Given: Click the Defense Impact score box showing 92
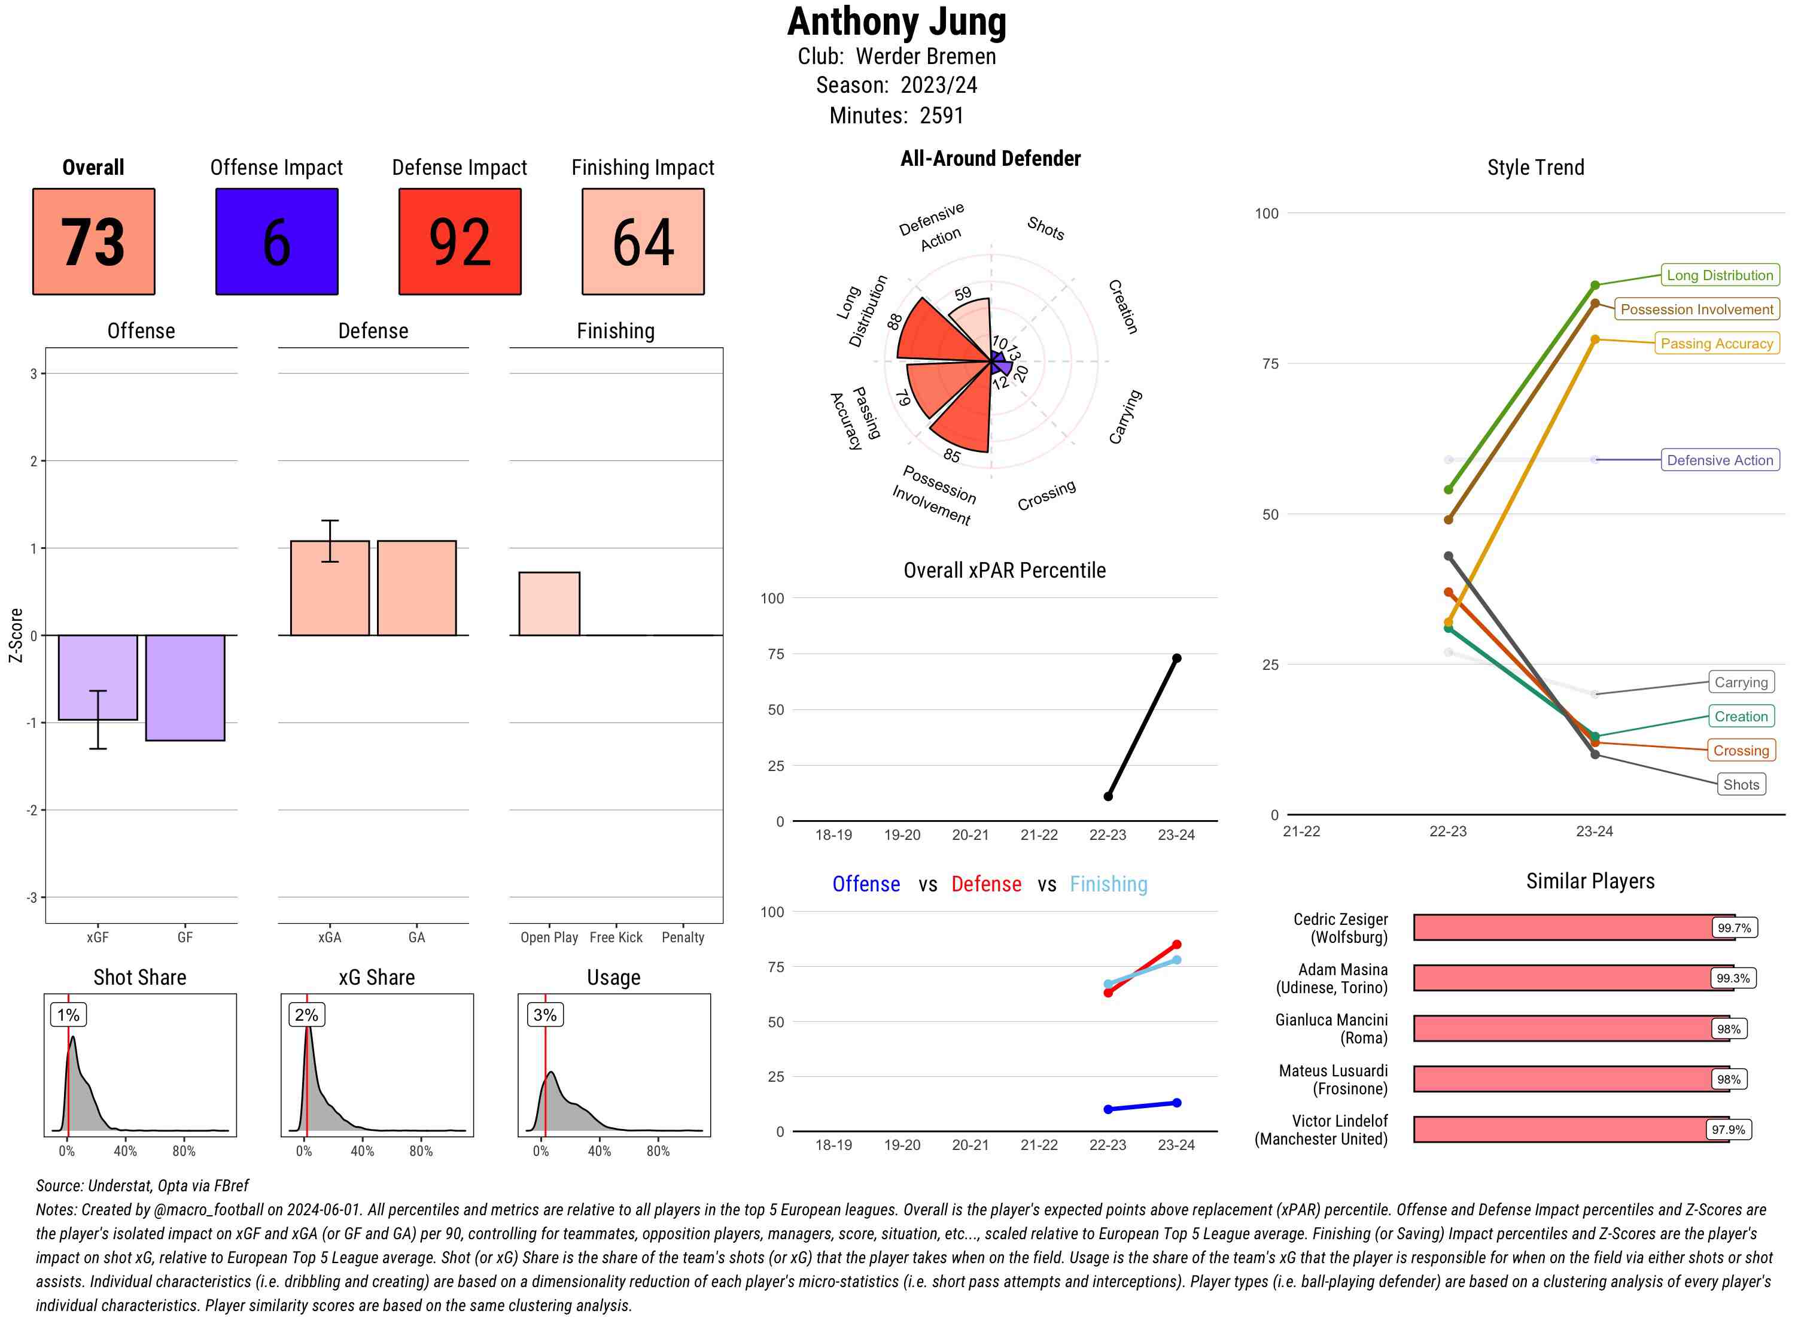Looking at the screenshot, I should point(460,242).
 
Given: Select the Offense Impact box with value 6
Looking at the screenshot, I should point(276,242).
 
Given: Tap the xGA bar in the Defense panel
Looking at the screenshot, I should point(330,588).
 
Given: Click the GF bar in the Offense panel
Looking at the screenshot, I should point(185,687).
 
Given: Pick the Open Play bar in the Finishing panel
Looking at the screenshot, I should point(549,603).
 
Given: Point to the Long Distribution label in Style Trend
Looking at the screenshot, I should point(1720,275).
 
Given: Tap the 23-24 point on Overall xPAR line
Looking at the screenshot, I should point(1176,658).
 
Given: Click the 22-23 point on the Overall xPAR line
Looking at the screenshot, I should point(1108,796).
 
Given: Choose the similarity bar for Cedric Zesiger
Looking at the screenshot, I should point(1562,928).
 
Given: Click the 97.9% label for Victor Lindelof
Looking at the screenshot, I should point(1727,1130).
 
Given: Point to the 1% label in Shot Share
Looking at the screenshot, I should point(69,1015).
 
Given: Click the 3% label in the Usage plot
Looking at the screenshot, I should point(545,1015).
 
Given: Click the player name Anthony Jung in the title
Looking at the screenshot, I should point(896,22).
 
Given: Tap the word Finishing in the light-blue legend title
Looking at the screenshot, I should point(1108,884).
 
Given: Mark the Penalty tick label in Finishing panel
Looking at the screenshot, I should point(683,937).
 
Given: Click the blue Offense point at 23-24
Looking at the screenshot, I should point(1176,1103).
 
